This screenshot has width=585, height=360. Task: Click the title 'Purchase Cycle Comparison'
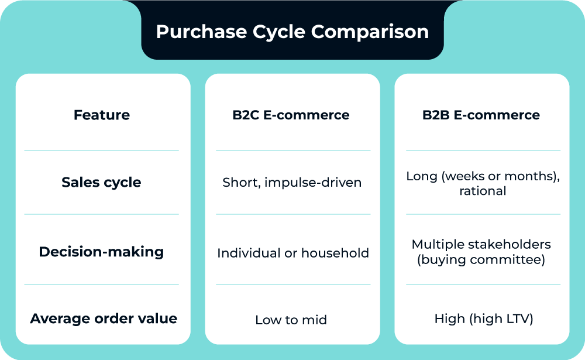click(x=292, y=31)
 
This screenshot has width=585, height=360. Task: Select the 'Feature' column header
click(x=102, y=115)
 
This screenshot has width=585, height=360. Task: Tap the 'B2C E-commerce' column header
click(x=291, y=115)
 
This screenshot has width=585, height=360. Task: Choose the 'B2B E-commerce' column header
click(x=481, y=115)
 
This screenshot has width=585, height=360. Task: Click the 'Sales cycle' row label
click(x=101, y=182)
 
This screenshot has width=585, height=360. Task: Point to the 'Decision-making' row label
click(x=101, y=252)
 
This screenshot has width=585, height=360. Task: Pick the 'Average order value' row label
click(x=104, y=318)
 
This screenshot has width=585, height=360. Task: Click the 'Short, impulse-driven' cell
click(x=292, y=183)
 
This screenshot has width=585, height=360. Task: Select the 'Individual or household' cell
click(x=293, y=253)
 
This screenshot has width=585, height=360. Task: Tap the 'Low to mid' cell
click(x=291, y=320)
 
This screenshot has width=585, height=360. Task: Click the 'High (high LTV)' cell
click(x=483, y=319)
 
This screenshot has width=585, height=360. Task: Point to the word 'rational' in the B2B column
click(x=483, y=191)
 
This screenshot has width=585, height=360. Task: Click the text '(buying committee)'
click(x=481, y=259)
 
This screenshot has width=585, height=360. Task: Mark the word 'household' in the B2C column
click(x=334, y=253)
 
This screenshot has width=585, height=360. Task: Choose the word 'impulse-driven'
click(x=313, y=183)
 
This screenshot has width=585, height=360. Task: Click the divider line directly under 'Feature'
click(x=101, y=150)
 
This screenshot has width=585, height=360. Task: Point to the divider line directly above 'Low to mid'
click(x=293, y=284)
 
